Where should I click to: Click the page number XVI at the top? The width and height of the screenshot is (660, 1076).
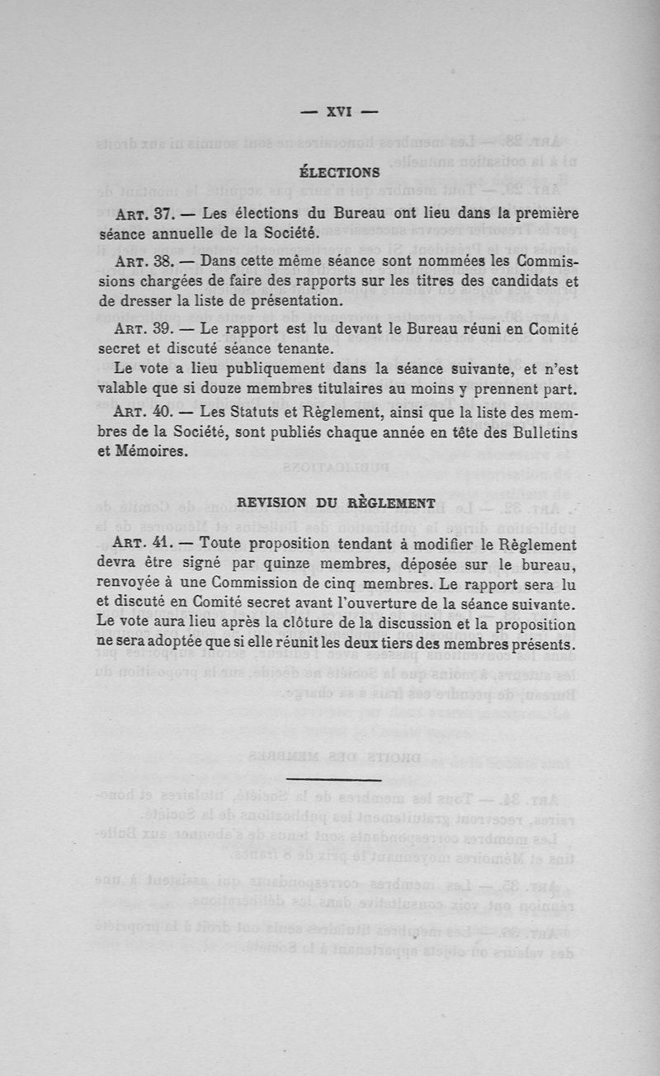click(339, 112)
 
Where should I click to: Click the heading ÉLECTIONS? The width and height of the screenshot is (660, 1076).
click(339, 173)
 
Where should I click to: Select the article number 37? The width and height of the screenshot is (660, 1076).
click(161, 215)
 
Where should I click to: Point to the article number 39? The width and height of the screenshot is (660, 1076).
click(161, 330)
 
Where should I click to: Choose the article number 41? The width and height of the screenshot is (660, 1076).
click(161, 545)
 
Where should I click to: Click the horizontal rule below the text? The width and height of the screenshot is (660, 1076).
click(334, 779)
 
